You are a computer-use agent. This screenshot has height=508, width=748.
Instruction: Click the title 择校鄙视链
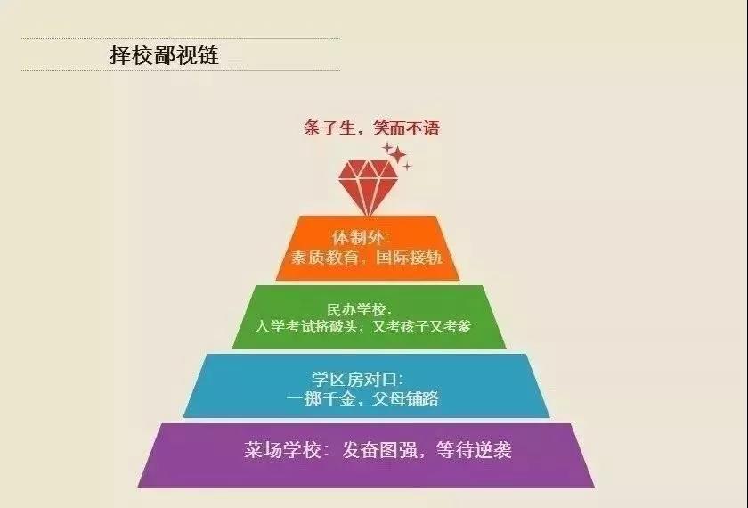pos(163,56)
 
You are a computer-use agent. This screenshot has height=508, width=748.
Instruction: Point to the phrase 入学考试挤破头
pos(305,326)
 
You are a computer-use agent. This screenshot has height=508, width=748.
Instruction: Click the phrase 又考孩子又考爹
pos(425,326)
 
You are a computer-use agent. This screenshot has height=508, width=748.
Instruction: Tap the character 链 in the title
pos(207,56)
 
